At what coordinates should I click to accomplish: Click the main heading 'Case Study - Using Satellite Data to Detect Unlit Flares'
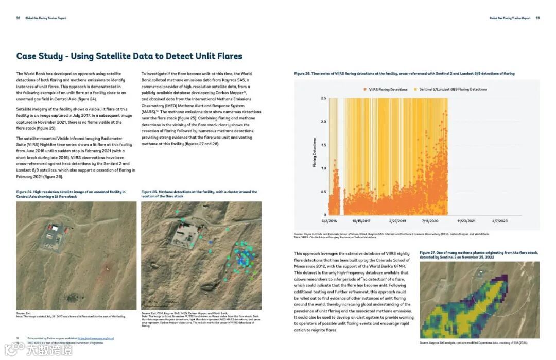pyautogui.click(x=129, y=56)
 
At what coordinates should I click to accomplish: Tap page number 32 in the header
pyautogui.click(x=19, y=18)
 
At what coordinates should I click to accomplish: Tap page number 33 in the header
pyautogui.click(x=537, y=18)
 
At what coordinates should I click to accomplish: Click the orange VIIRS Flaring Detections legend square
pyautogui.click(x=364, y=90)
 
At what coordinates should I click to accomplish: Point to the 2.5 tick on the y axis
pyautogui.click(x=323, y=98)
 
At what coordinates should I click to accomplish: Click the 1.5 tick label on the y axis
pyautogui.click(x=323, y=145)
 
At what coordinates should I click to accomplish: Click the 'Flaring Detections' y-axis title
pyautogui.click(x=315, y=152)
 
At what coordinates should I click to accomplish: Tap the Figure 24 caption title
pyautogui.click(x=71, y=194)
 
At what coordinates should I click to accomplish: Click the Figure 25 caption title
pyautogui.click(x=199, y=194)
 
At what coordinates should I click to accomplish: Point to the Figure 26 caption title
pyautogui.click(x=404, y=74)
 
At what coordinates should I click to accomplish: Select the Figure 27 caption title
pyautogui.click(x=478, y=255)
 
